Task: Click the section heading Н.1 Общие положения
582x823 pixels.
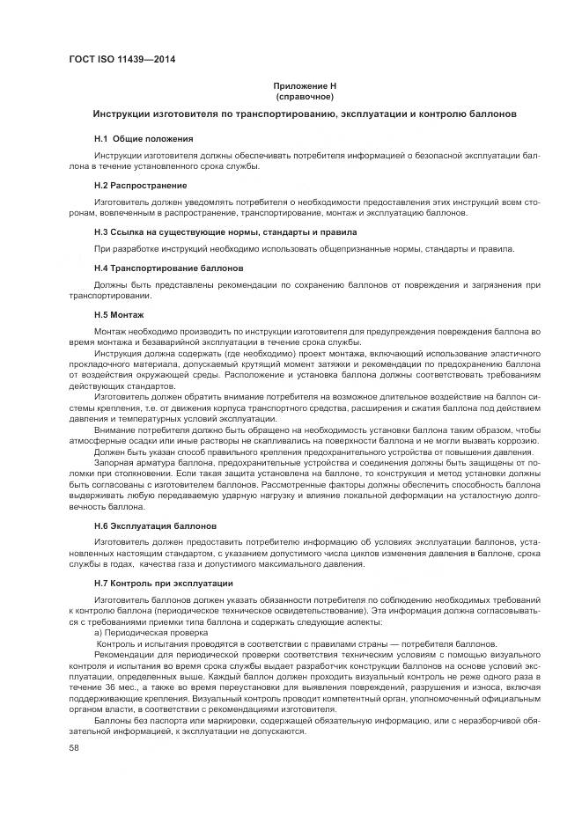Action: (x=144, y=139)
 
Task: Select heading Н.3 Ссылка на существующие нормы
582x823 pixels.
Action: (x=225, y=232)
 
